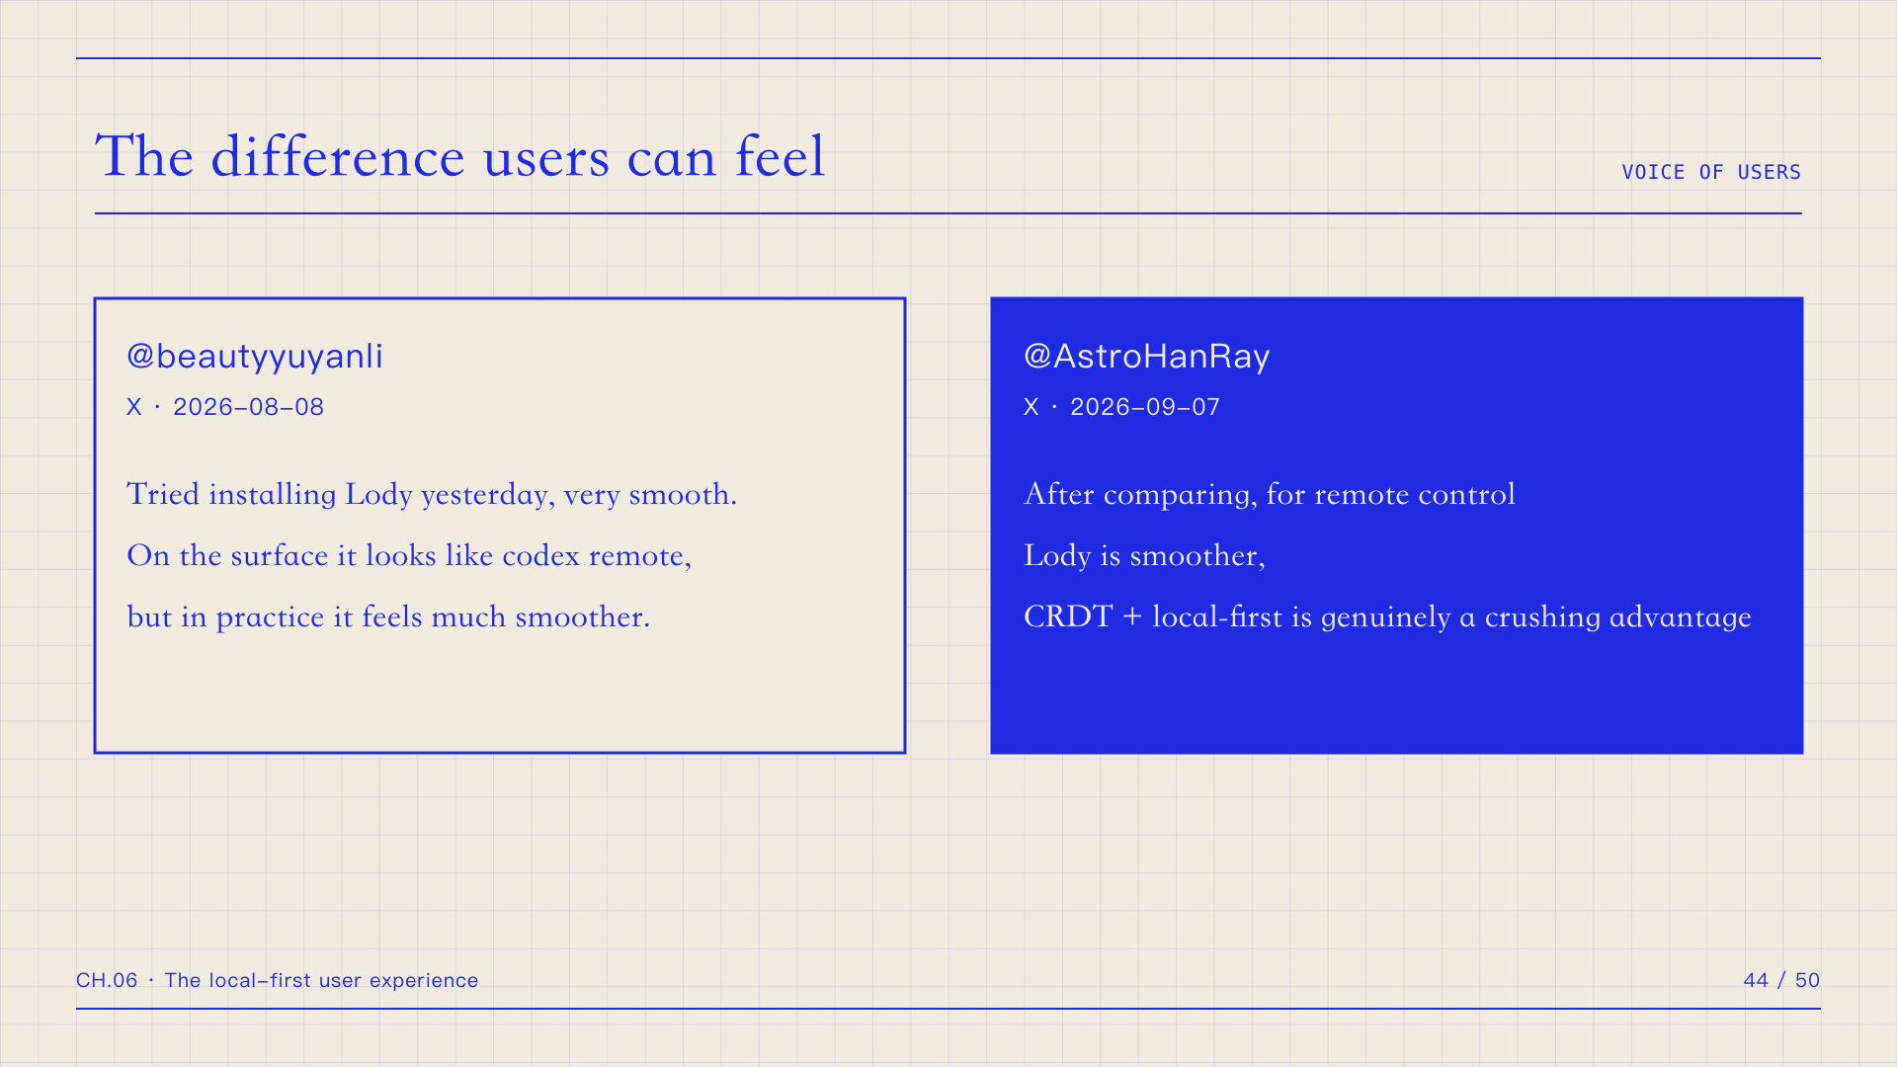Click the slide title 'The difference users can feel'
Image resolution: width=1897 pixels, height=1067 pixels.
[459, 156]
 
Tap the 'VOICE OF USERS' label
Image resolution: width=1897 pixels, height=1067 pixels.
[1711, 172]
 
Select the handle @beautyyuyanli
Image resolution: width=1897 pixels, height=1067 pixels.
[255, 357]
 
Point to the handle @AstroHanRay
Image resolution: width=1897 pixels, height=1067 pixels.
[1147, 356]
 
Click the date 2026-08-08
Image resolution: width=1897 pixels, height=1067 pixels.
[248, 407]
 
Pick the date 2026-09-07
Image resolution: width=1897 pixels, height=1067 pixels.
[1145, 407]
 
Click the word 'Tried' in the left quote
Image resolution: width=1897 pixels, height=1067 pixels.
[163, 494]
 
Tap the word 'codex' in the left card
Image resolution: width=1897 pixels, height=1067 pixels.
[540, 555]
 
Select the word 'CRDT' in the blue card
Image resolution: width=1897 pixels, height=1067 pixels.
[1068, 616]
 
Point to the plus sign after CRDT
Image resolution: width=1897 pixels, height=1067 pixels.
[1132, 617]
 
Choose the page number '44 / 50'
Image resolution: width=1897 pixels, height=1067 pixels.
[1781, 980]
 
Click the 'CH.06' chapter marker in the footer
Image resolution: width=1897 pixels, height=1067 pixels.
[107, 980]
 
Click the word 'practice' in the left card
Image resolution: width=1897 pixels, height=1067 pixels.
[270, 617]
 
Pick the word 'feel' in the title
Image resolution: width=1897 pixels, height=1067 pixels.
[781, 156]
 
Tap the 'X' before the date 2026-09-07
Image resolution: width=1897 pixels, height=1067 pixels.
[1031, 407]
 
